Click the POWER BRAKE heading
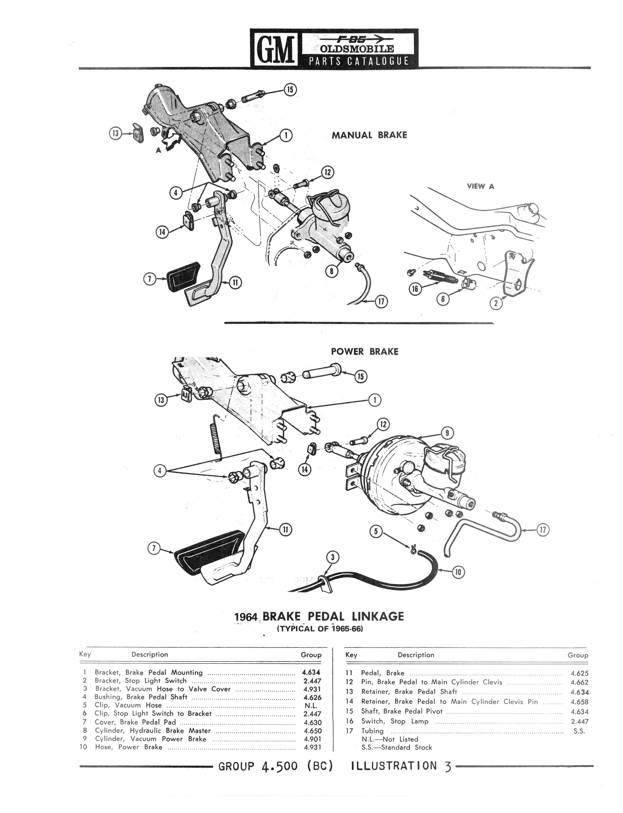click(x=365, y=352)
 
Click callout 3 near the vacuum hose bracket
click(x=333, y=557)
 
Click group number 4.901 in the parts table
click(x=312, y=739)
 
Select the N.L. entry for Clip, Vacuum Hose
click(x=310, y=706)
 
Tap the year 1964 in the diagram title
click(x=246, y=617)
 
